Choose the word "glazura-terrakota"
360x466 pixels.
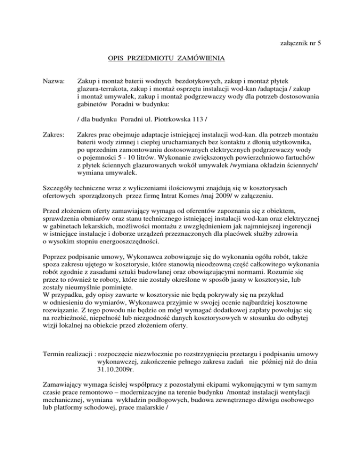click(x=103, y=90)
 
